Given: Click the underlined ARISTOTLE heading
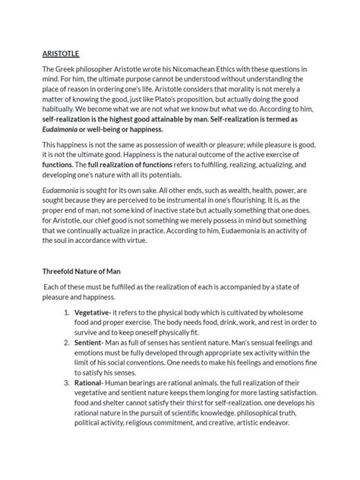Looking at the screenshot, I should (x=63, y=54).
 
